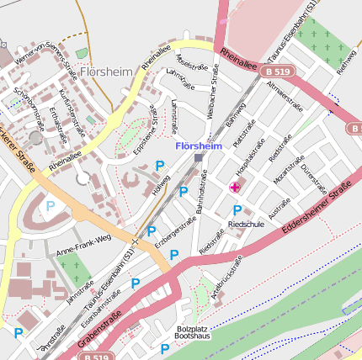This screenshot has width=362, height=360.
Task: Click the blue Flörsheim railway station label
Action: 198,146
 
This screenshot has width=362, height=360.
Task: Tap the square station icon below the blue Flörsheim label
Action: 199,157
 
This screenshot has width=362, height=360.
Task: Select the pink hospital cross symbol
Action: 233,185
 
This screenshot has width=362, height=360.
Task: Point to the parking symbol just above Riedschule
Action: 237,210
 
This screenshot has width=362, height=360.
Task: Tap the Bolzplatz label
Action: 191,329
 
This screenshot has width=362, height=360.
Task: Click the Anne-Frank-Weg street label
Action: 83,244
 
